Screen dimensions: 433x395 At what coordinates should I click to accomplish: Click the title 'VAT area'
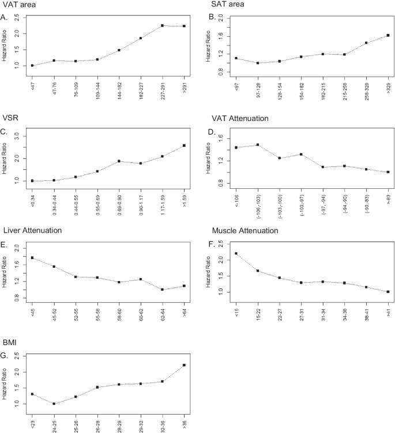point(18,5)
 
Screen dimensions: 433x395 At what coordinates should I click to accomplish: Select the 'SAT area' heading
point(228,5)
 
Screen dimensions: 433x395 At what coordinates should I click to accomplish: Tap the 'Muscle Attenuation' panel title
point(249,231)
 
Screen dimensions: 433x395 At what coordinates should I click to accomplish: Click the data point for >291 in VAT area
point(184,26)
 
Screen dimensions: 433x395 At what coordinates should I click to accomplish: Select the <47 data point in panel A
point(32,66)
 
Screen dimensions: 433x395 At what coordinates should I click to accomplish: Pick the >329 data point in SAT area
point(388,35)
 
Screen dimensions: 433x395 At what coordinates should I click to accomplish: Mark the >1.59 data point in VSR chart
point(184,145)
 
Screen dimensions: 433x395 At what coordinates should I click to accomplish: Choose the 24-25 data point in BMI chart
point(54,404)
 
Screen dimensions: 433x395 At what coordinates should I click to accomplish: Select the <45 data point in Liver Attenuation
point(32,257)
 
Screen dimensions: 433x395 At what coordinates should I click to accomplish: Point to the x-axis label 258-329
point(366,86)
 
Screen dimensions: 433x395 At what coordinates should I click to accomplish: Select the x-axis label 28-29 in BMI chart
point(119,422)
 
